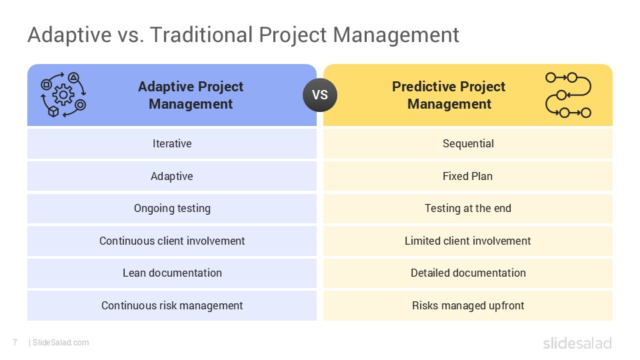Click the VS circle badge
coord(320,95)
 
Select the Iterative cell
coord(172,143)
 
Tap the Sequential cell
coord(468,143)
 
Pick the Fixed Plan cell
coord(468,176)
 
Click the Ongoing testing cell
coord(172,208)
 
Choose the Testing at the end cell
coord(468,208)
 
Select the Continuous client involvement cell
coord(172,241)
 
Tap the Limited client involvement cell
coord(468,241)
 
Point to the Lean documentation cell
coord(172,273)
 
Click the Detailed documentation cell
coord(468,273)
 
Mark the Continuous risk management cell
coord(172,305)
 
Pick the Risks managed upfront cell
coord(468,305)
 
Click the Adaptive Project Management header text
coord(191,95)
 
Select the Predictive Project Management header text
coord(449,95)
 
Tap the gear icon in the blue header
coord(63,95)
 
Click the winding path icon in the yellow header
coord(568,95)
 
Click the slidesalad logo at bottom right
coord(577,343)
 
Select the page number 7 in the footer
coord(15,343)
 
